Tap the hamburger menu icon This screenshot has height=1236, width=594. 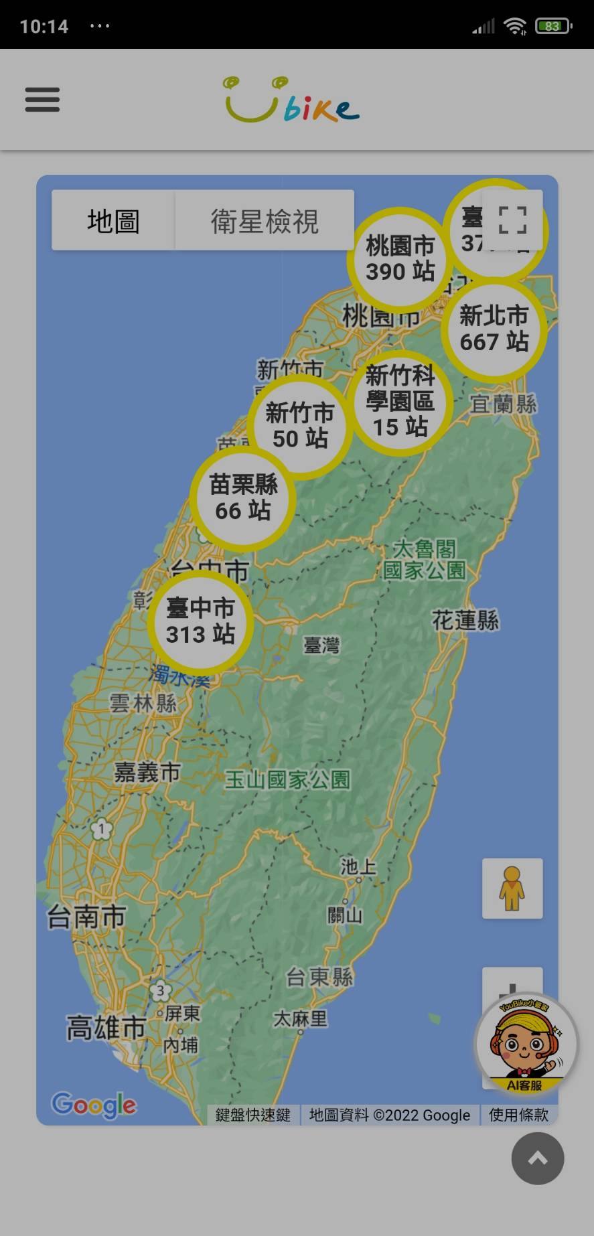coord(42,100)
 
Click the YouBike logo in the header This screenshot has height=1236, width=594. coord(291,100)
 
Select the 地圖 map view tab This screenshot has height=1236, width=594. coord(113,220)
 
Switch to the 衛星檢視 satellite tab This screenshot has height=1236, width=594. coord(265,220)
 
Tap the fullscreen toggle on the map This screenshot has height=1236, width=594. coord(512,220)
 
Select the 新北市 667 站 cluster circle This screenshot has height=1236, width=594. coord(494,329)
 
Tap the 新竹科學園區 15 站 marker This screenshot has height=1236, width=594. coord(400,402)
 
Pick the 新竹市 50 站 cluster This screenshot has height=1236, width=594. coord(299,426)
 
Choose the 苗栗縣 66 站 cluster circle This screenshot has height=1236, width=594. coord(243,497)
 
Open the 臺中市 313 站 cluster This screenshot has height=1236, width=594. coord(200,621)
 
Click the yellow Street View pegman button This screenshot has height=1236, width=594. coord(512,889)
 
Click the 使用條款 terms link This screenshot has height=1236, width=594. coord(518,1115)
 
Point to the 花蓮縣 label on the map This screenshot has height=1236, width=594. coord(465,620)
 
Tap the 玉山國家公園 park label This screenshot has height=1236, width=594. coord(287,779)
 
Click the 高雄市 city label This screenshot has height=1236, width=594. coord(106,1028)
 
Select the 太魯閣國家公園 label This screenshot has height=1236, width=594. coord(424,560)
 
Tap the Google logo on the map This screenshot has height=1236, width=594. coord(94,1105)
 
